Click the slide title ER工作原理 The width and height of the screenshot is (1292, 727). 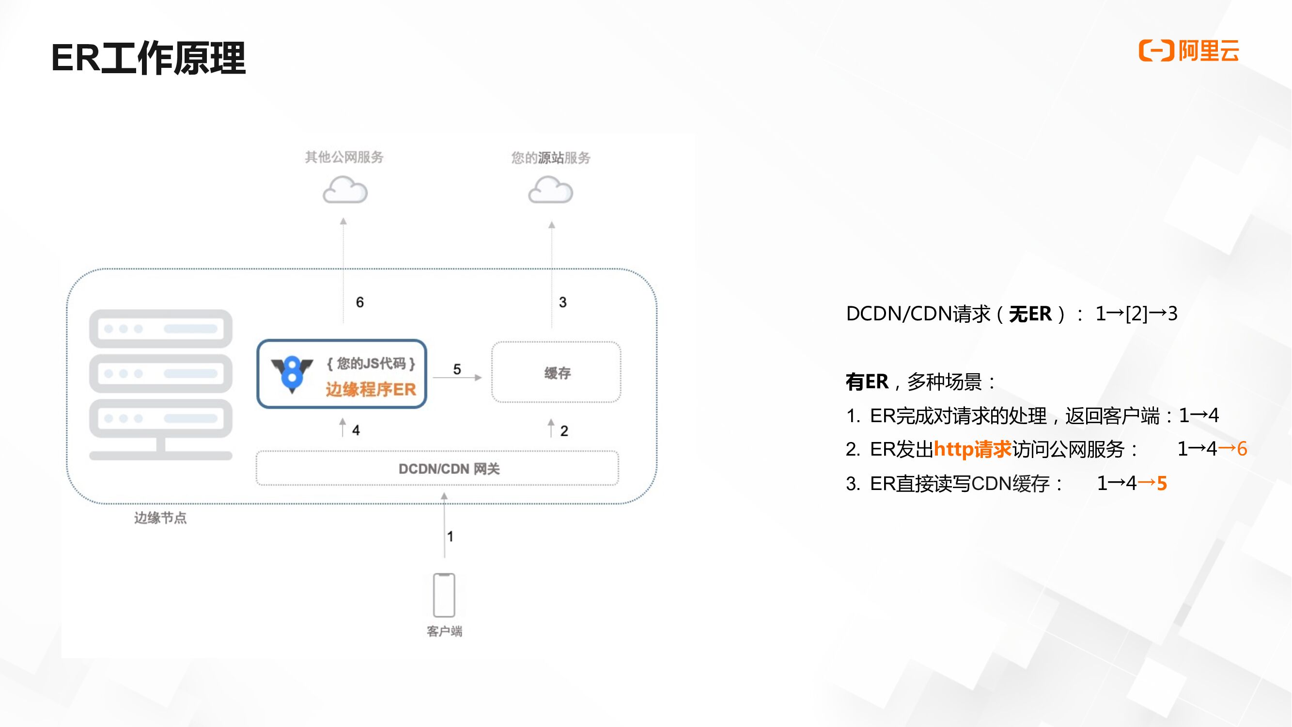coord(148,59)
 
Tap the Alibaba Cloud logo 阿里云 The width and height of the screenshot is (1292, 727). coord(1189,51)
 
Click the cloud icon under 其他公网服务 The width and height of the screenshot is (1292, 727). coord(345,190)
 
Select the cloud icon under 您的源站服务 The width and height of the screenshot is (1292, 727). coord(550,190)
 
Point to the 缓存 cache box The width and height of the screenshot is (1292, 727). coord(556,372)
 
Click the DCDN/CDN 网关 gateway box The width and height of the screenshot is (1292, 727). coord(437,468)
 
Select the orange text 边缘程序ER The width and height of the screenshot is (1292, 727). coord(371,389)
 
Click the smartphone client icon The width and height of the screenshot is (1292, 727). coord(444,595)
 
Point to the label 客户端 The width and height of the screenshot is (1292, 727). coord(444,631)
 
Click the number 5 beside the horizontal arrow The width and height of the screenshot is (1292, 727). coord(457,369)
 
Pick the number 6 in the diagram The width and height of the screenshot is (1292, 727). coord(359,302)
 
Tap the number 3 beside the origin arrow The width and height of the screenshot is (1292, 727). coord(563,302)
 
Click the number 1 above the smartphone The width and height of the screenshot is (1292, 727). coord(451,537)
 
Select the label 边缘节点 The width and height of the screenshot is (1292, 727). coord(160,518)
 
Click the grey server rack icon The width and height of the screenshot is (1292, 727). coord(160,384)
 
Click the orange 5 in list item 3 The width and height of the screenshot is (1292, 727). coord(1162,483)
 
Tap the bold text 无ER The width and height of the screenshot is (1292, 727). coord(1030,314)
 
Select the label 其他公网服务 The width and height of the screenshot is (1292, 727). coord(344,157)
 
